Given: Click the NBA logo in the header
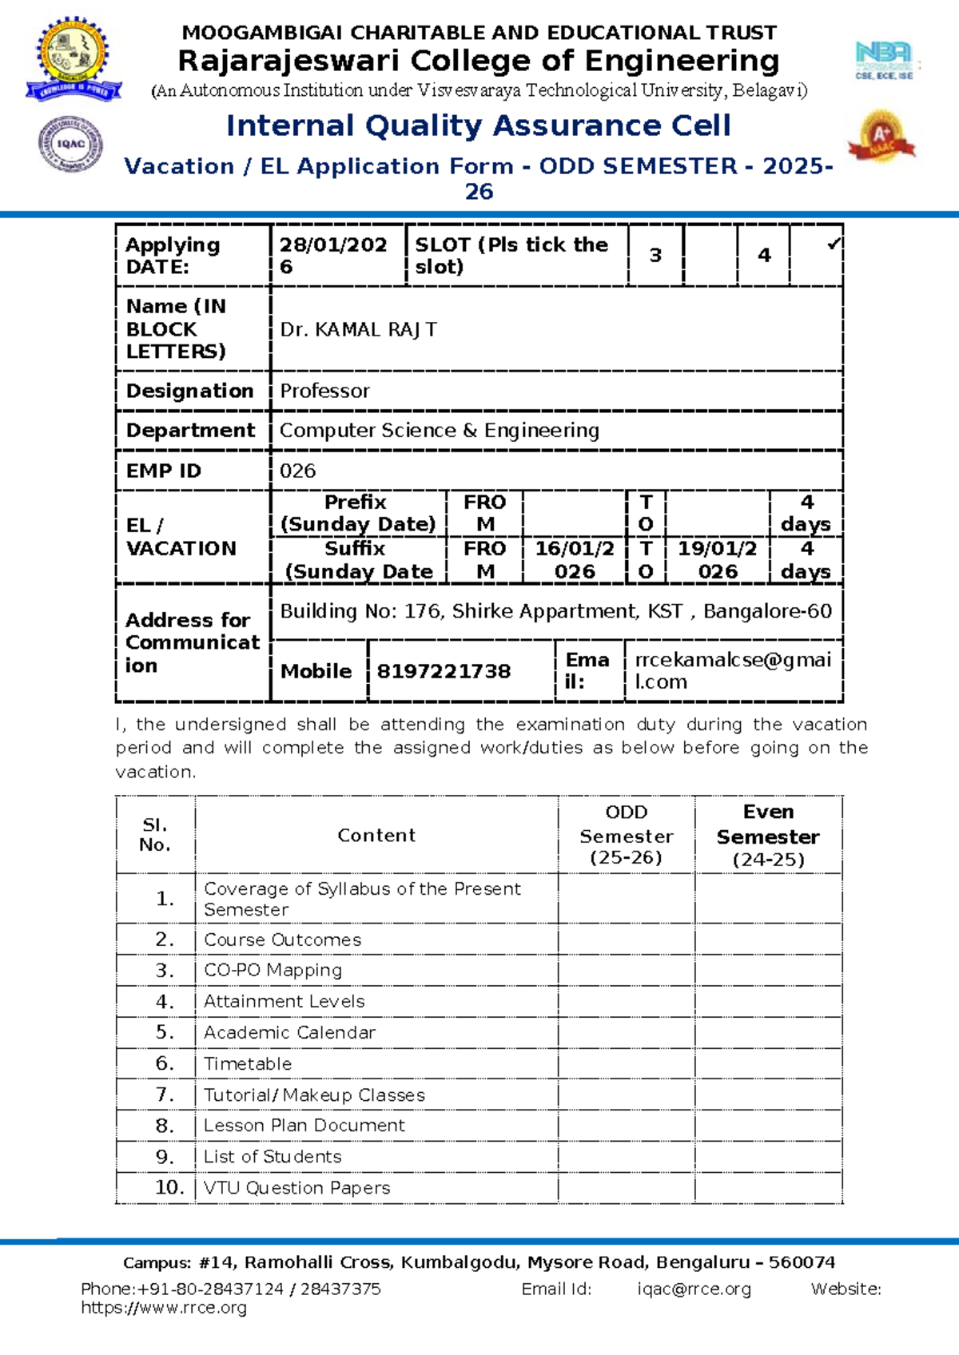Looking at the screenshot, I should [x=884, y=61].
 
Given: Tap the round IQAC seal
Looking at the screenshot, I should [x=71, y=144].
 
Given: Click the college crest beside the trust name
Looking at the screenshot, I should [x=74, y=59].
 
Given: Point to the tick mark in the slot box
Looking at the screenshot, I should [x=833, y=244].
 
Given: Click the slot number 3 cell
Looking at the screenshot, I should [x=655, y=256].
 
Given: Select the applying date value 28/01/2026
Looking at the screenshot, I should [x=333, y=256].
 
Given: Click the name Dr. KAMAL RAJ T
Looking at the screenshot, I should [x=358, y=330].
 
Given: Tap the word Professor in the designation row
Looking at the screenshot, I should [x=324, y=391].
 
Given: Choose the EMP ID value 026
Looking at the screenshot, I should [x=297, y=471].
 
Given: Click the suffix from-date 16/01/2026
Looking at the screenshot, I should [x=575, y=560].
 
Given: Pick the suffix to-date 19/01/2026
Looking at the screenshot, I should [x=718, y=560].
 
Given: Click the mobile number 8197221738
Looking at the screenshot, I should [x=444, y=671].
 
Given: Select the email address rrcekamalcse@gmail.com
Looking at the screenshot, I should [x=733, y=670].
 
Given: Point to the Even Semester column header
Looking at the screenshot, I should [x=768, y=836].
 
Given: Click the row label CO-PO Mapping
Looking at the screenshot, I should [x=273, y=971].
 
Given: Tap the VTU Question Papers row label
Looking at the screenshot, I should [x=296, y=1188].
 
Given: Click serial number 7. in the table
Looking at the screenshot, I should [x=165, y=1095].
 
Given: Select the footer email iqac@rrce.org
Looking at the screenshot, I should [x=694, y=1289].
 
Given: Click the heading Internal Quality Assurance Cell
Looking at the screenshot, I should [x=478, y=125].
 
